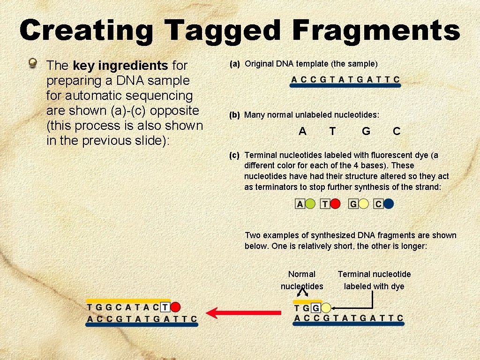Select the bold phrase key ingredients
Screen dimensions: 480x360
click(120, 66)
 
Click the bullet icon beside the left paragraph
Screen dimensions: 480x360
click(33, 63)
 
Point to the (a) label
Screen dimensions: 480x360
click(235, 64)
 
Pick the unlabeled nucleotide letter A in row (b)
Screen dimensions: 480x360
click(302, 132)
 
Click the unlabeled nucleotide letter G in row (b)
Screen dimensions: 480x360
click(366, 132)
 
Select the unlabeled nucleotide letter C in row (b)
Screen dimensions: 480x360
click(397, 132)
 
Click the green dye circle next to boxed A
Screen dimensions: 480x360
click(310, 204)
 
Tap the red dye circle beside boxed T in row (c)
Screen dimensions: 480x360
click(335, 204)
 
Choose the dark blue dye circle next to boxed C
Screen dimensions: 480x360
click(389, 204)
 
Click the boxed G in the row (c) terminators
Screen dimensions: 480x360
click(353, 204)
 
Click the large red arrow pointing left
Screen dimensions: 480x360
click(243, 313)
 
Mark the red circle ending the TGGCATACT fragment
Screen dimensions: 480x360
click(175, 307)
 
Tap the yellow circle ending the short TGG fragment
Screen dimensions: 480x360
click(326, 308)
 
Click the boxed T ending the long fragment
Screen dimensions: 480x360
click(165, 307)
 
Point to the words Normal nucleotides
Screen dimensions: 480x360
click(302, 280)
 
